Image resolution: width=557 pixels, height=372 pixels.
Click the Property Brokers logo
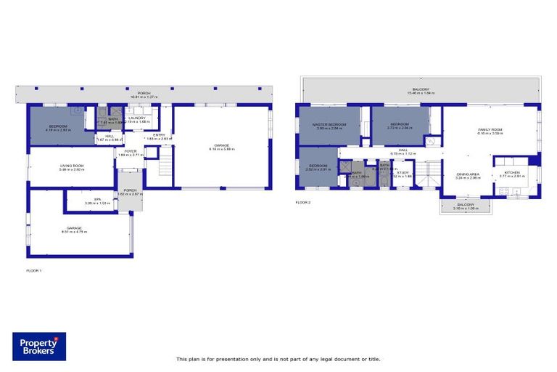[38, 347]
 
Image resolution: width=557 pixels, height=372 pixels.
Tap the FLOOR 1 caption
[34, 270]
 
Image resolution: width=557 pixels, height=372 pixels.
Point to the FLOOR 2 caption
[302, 203]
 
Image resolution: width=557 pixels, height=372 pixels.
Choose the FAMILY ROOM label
[490, 130]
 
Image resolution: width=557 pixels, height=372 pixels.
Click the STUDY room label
[403, 173]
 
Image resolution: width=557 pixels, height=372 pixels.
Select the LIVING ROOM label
[72, 166]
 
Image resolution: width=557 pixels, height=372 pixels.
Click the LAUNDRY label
[138, 118]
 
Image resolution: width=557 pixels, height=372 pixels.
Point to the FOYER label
[131, 151]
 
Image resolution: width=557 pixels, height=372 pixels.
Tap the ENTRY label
[160, 134]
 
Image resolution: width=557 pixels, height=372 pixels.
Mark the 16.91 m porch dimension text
[144, 97]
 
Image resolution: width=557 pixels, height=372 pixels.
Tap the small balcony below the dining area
[464, 206]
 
